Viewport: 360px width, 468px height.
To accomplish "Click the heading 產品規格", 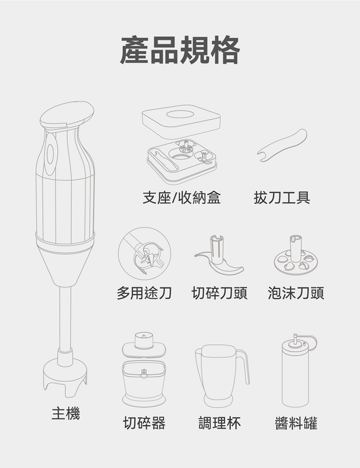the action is [180, 50].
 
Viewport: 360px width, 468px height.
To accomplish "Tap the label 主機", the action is [66, 414].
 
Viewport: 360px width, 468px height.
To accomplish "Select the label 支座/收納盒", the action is [181, 198].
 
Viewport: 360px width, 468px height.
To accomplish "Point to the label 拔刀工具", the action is [282, 198].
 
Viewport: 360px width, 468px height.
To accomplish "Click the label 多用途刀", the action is [144, 293].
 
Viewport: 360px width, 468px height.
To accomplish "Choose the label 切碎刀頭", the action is [219, 293].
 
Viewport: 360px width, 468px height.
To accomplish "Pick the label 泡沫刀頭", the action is [296, 293].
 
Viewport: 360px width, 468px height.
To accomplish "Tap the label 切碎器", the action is [144, 423].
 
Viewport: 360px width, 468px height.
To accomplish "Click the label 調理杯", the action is [219, 423].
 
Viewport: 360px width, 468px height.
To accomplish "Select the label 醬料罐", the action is [296, 423].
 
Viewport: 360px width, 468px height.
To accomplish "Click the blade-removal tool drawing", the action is [282, 146].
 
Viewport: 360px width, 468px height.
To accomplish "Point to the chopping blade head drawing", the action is [219, 255].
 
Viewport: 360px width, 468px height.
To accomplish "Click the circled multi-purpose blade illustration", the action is [144, 253].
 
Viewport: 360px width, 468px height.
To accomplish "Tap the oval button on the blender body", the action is [50, 154].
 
